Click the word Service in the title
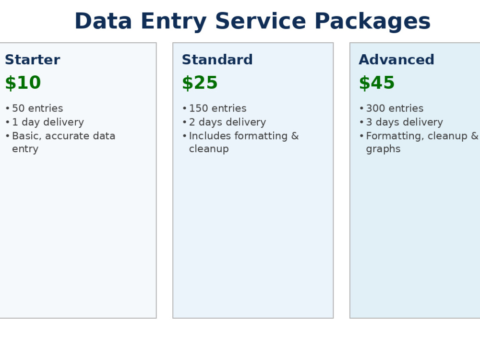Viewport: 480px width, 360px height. [261, 21]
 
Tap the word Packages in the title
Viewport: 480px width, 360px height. [372, 22]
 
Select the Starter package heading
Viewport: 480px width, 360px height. [33, 60]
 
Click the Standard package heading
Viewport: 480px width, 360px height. [217, 60]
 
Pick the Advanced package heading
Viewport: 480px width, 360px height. [396, 60]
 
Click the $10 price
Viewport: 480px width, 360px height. [23, 83]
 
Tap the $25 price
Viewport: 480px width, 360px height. [200, 83]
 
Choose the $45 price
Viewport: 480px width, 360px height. [377, 83]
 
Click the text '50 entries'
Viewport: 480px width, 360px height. [37, 108]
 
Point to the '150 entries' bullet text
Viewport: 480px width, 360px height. [217, 108]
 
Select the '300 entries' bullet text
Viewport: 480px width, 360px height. [395, 108]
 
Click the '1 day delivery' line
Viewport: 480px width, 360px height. [48, 122]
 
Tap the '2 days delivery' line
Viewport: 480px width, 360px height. [228, 122]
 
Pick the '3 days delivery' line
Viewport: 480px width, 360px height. [404, 122]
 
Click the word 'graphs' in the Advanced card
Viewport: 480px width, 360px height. [383, 149]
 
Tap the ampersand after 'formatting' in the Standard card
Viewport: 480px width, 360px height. [295, 136]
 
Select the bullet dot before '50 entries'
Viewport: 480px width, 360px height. [7, 108]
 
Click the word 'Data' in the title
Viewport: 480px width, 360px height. [103, 21]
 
